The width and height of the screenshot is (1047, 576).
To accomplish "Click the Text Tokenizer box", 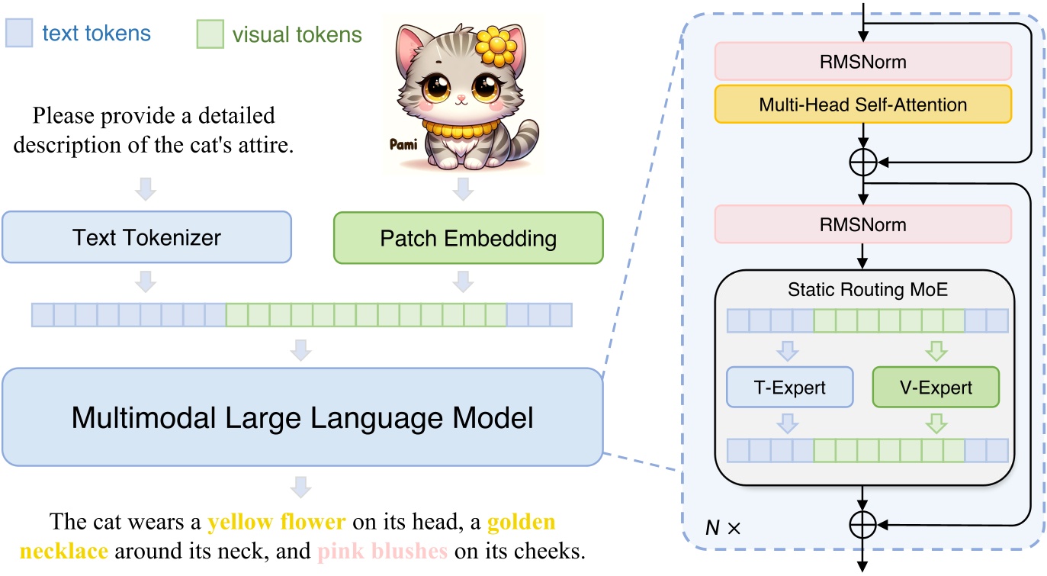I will coord(147,237).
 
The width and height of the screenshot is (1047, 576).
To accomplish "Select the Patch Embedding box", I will coord(468,237).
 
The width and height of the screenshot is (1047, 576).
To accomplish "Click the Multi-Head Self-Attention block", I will coord(862,105).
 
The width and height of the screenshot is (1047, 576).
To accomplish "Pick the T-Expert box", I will coord(789,387).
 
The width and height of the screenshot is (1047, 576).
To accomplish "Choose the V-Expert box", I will coord(935,387).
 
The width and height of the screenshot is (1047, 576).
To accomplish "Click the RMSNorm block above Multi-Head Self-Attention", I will coord(862,61).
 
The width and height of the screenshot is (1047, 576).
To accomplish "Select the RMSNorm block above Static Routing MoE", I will coord(862,224).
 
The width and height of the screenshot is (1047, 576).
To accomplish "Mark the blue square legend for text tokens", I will coord(18,34).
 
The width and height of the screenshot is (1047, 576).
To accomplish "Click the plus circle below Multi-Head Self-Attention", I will coord(862,162).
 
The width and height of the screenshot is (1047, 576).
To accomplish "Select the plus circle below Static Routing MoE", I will coord(862,524).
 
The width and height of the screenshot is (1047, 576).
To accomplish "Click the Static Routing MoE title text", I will coord(862,290).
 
